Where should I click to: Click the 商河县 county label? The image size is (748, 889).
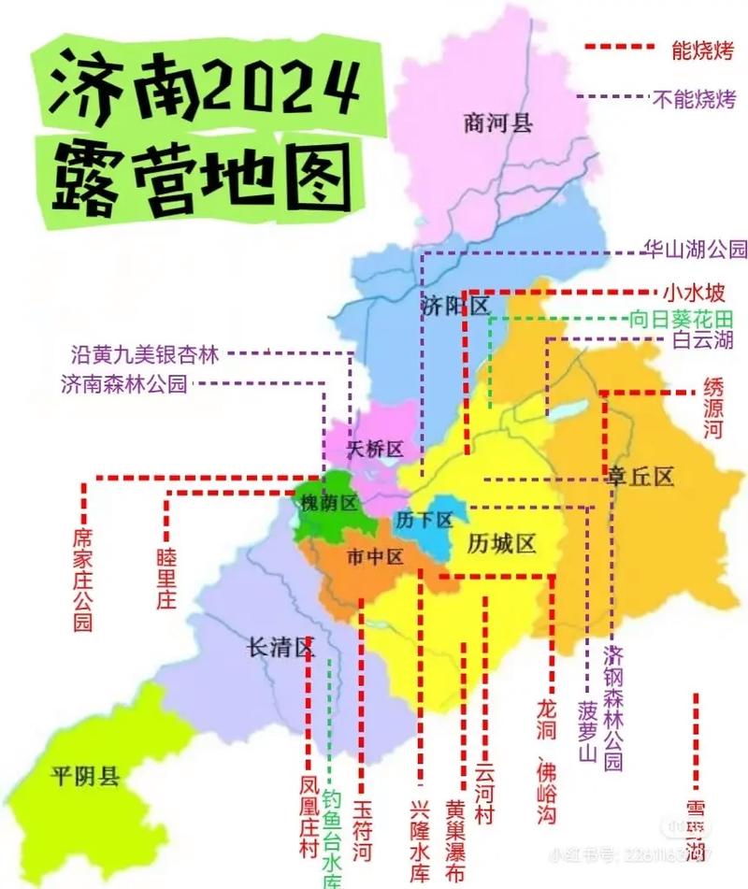tap(497, 122)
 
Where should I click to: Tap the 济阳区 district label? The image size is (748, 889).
tap(455, 306)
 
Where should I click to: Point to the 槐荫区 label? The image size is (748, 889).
tap(328, 503)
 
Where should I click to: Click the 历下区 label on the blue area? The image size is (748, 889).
tap(424, 519)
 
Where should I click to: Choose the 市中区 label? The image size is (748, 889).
tap(375, 557)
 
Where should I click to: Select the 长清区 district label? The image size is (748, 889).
tap(278, 646)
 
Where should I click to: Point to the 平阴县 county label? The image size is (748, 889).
tap(85, 775)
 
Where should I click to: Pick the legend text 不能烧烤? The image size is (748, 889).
tap(693, 98)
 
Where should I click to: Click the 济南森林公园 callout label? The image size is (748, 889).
tap(124, 383)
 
